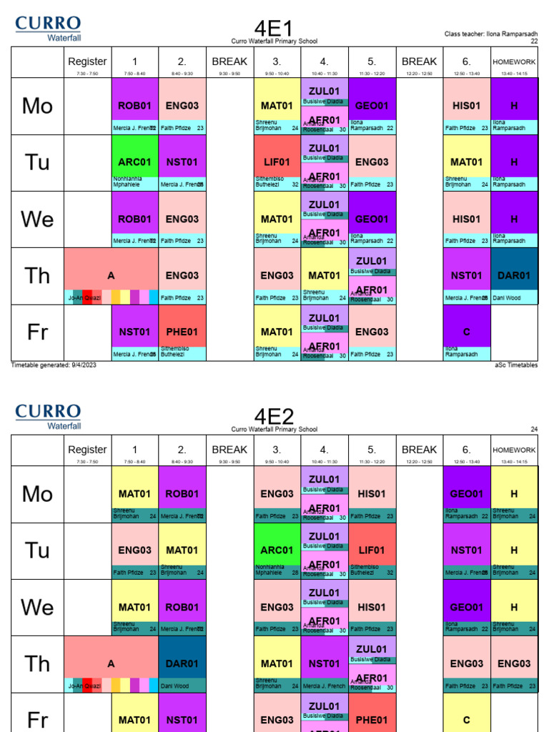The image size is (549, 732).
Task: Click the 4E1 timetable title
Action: tap(274, 29)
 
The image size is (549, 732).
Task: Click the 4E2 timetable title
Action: tap(274, 417)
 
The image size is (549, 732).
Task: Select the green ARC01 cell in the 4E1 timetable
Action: tap(135, 162)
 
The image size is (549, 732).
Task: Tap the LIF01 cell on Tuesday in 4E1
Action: tap(277, 162)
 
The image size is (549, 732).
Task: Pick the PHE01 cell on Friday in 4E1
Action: tap(182, 332)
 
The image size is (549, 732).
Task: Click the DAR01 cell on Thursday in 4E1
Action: tap(514, 275)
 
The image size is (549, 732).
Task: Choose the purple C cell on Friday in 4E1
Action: tap(467, 332)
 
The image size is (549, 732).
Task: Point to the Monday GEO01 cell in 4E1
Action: tap(372, 106)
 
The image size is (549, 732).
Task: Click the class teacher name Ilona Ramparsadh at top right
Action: tap(490, 34)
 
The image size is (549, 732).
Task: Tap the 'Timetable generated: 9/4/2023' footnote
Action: tap(54, 365)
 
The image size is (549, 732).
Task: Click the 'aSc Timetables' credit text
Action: tap(515, 365)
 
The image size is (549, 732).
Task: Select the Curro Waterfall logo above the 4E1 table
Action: tap(48, 29)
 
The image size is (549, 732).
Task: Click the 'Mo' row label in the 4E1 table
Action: tap(37, 106)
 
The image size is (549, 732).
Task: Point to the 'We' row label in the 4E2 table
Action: tap(37, 608)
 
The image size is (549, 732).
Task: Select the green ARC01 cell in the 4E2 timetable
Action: tap(277, 550)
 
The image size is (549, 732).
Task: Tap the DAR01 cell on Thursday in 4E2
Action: tap(182, 663)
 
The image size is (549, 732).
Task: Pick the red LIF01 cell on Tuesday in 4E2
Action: tap(372, 550)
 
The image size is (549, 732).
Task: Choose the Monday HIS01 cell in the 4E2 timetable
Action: tap(372, 494)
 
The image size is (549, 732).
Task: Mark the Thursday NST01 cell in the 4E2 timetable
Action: tap(325, 663)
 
